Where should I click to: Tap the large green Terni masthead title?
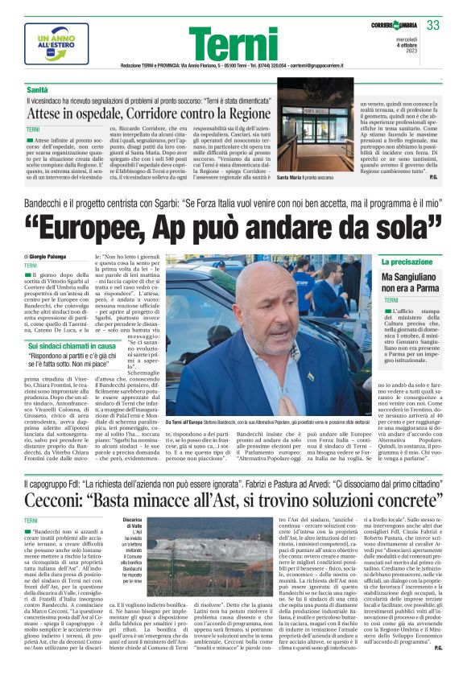pyautogui.click(x=233, y=43)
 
